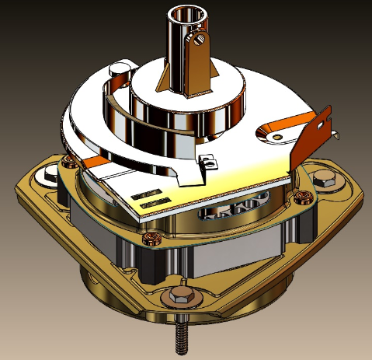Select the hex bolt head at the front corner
coord(181,296)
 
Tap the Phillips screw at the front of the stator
coord(152,236)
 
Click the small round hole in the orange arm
coord(276,136)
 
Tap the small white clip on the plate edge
coord(207,163)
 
